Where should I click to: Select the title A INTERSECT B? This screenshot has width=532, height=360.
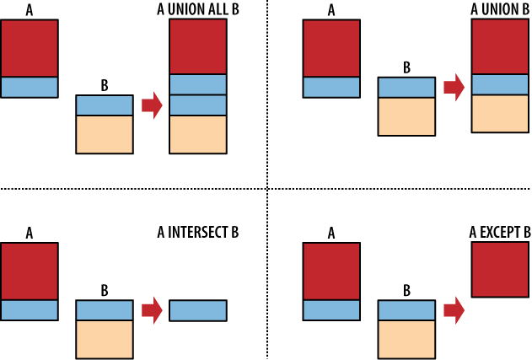coord(198,230)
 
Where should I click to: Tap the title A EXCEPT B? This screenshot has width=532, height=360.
coord(500,230)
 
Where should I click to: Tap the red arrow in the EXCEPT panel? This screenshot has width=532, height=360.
coord(454,310)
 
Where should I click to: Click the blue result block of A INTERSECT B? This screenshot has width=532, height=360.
coord(198,310)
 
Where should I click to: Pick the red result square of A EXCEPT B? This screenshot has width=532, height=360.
coord(500,270)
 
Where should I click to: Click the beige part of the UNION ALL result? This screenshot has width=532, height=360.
coord(198,134)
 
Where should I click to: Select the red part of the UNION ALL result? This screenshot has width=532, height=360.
coord(198,46)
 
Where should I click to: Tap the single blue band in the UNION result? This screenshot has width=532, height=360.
coord(500,84)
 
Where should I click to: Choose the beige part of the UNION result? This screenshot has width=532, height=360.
coord(500,114)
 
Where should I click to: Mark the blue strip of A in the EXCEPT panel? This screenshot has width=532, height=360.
coord(331,309)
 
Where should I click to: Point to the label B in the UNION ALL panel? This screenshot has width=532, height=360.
coord(105,86)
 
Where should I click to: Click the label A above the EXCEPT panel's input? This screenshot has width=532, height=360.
coord(331,232)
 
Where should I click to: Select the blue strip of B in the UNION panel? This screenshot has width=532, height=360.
coord(406,87)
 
